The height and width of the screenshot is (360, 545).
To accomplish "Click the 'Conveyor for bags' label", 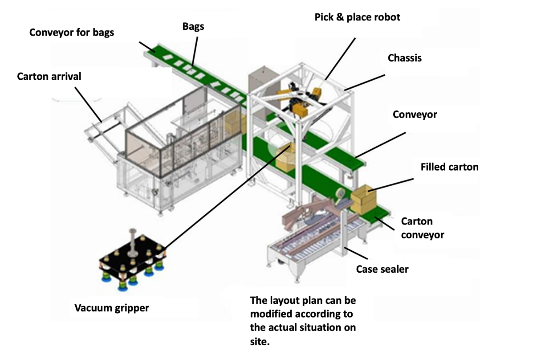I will click(72, 33).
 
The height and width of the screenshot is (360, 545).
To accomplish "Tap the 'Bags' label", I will click(193, 26).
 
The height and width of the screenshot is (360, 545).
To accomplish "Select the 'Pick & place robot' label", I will click(358, 17).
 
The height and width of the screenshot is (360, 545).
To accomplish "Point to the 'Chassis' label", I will click(404, 58).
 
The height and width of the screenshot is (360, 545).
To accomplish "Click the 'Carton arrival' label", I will click(49, 76).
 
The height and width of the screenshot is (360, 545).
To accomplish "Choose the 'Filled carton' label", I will click(449, 167).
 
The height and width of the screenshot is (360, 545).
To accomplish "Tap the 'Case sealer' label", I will click(382, 269).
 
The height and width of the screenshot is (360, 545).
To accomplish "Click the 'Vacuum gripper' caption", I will click(111, 308).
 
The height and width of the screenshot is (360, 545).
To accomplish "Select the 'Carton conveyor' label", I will click(422, 228).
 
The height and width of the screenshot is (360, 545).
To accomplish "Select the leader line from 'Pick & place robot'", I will click(341, 58).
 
